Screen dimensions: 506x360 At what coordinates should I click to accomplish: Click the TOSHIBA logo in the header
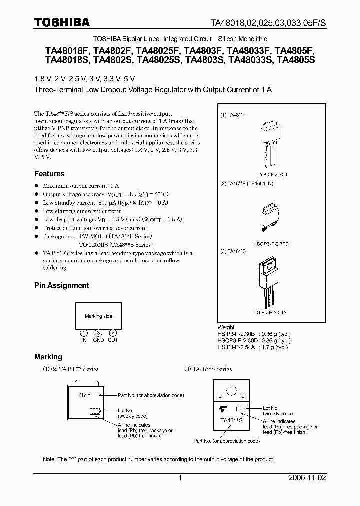coord(62,22)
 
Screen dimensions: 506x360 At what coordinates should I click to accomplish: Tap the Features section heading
coord(49,174)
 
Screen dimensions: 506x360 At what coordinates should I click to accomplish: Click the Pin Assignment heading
coord(61,285)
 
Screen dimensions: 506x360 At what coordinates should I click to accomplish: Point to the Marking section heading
coord(48,357)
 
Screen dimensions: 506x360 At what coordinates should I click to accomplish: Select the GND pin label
coord(98,340)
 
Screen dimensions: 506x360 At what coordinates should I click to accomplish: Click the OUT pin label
coord(113,340)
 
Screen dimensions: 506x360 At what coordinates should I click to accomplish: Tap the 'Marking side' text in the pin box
coord(98,316)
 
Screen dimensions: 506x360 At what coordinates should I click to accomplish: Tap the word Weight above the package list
coord(226,328)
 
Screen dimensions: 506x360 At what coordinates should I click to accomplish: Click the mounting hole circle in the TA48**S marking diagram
coord(231,390)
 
